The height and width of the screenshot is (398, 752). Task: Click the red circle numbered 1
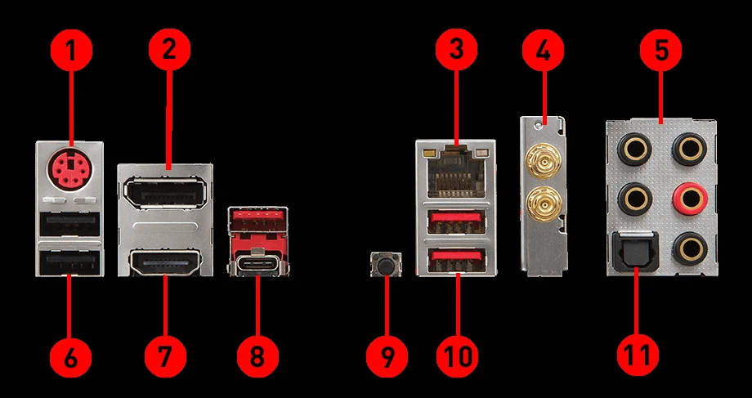70,50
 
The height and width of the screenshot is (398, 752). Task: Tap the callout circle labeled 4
543,50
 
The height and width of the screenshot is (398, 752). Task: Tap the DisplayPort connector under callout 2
165,191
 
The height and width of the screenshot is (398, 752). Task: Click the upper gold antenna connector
544,157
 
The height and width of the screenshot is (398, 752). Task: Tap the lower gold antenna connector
544,203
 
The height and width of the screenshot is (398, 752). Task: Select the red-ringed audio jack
689,199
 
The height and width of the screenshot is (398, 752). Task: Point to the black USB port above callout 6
70,262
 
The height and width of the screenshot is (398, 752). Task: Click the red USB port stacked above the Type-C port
258,221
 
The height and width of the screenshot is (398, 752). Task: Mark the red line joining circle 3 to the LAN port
456,107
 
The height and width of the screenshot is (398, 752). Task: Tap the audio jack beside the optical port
689,248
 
